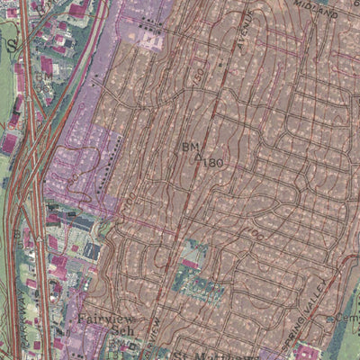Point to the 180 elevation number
click(212, 163)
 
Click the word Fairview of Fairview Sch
click(103, 318)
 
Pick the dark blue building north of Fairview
click(93, 252)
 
